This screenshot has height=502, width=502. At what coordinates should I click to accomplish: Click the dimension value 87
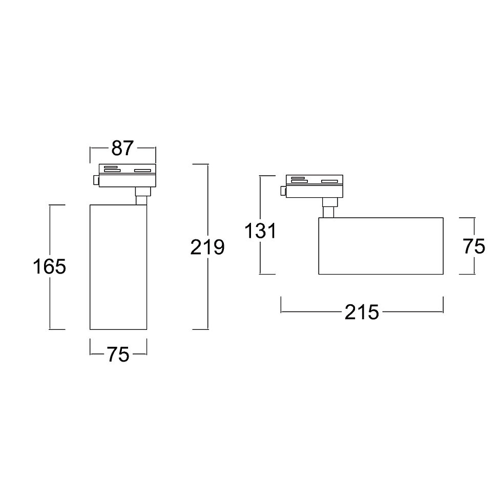(122, 148)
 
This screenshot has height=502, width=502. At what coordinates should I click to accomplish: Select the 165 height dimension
(50, 266)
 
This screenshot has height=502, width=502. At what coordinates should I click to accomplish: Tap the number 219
(207, 247)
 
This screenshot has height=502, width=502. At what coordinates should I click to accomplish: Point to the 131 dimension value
(260, 231)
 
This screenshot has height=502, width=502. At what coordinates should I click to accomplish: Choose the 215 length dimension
(362, 312)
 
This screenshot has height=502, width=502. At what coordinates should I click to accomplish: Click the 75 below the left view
(118, 354)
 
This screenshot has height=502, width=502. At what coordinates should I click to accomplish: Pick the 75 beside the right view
(474, 246)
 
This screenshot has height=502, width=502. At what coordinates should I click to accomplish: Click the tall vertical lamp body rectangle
(118, 267)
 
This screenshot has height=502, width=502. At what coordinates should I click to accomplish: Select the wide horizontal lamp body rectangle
(381, 246)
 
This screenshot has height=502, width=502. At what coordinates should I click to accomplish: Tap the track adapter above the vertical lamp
(128, 175)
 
